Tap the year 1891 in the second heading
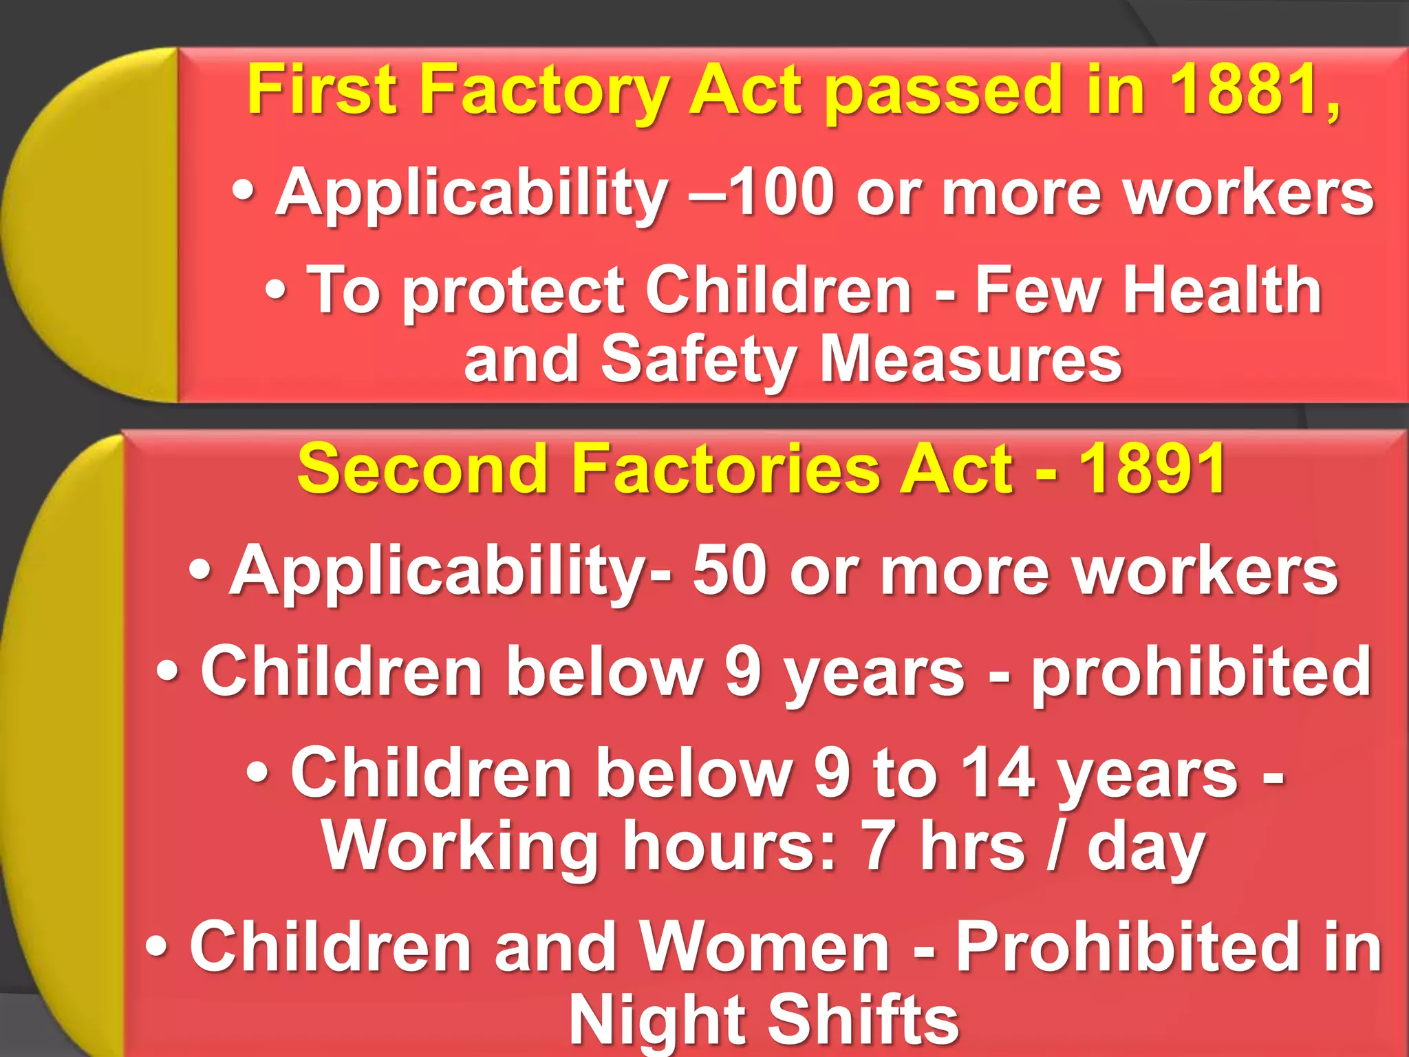[1153, 469]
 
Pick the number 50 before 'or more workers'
[729, 570]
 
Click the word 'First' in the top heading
[322, 91]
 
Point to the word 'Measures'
[971, 359]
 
